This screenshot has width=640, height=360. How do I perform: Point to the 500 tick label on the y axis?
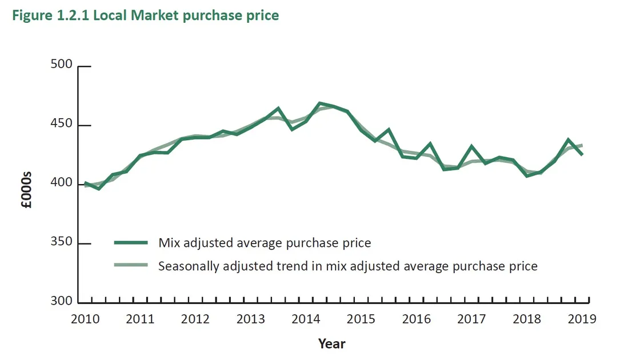click(61, 65)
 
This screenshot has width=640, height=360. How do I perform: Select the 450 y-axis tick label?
click(61, 125)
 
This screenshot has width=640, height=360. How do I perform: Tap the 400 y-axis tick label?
click(61, 183)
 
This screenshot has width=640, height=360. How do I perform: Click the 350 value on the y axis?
click(61, 243)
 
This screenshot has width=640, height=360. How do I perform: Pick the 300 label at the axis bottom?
click(61, 302)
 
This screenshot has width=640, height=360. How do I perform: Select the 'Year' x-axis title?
click(331, 343)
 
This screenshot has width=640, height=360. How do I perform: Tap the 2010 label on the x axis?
click(85, 319)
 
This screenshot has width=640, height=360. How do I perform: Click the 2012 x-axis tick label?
click(195, 319)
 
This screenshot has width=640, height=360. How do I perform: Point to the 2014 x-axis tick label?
click(306, 319)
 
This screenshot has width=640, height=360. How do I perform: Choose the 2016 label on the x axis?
click(416, 319)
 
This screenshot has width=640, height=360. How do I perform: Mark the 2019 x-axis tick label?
click(582, 319)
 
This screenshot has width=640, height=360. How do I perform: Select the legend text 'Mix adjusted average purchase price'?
click(265, 243)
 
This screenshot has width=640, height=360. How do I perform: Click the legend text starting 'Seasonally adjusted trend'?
click(347, 266)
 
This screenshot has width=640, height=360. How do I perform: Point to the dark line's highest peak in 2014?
click(320, 103)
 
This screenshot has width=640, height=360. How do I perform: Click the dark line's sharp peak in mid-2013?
click(278, 108)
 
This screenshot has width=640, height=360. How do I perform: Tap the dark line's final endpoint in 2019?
click(582, 154)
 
